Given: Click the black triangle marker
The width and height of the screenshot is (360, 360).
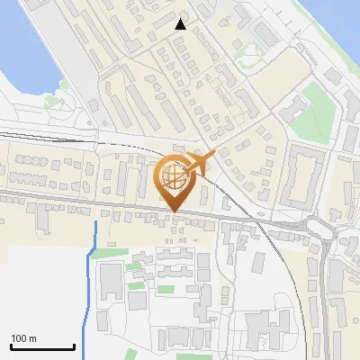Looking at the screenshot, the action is [181, 24].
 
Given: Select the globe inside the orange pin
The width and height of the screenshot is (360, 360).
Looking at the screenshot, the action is [175, 178].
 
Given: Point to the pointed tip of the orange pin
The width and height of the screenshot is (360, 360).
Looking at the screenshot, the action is [175, 212].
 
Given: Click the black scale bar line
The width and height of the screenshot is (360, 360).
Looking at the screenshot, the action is [42, 346].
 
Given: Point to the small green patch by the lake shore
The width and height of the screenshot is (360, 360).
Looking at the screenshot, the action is [63, 87].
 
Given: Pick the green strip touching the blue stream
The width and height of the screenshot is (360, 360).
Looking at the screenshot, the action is [105, 253].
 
